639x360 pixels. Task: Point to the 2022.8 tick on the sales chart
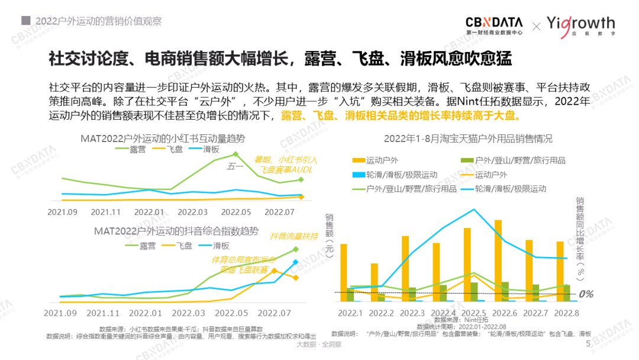[x=566, y=313]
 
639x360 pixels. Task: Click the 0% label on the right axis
[x=586, y=294]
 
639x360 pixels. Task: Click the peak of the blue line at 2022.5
[x=473, y=209]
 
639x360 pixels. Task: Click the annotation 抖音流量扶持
[x=294, y=236]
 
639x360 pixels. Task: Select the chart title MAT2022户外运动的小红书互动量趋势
[x=163, y=139]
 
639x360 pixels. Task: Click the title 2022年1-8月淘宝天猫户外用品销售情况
[x=468, y=139]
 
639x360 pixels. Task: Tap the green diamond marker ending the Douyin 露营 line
[x=295, y=250]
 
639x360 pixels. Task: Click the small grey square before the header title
[x=26, y=20]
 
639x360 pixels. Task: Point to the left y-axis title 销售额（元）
[x=329, y=237]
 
